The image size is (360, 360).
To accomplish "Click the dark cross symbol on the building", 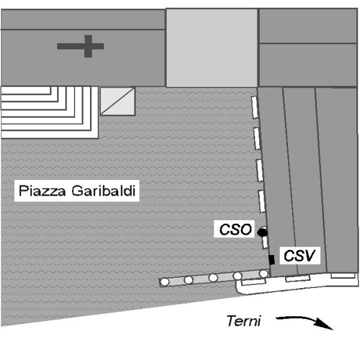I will point(81,46).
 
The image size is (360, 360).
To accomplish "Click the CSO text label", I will point(233,229).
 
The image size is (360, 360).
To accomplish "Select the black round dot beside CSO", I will point(262,232).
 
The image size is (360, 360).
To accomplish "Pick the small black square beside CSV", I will point(272,259).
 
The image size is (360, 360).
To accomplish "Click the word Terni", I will point(243,320).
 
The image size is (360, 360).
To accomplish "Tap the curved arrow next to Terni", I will point(303,322).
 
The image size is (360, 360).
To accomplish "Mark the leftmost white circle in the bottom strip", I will point(164,282).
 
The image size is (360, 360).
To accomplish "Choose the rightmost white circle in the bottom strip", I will point(263,274).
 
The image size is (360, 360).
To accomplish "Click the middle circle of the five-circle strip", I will point(213,278).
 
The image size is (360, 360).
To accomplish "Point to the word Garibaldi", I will point(105,192).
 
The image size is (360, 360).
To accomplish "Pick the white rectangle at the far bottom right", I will point(343,275).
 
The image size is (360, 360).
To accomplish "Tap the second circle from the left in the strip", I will point(188,280).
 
